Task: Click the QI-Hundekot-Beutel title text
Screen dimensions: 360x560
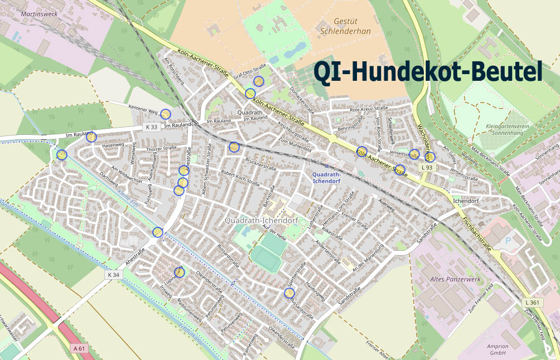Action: pos(428,72)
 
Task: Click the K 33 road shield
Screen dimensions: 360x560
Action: pos(152,127)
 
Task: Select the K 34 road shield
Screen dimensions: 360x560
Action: pos(113,275)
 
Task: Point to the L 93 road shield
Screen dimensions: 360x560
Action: pos(427,167)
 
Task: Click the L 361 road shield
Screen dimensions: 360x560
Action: pos(533,302)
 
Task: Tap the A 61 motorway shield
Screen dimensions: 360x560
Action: pos(80,348)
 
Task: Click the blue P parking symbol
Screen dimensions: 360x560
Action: pos(507,240)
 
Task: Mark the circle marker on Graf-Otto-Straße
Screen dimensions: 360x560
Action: pos(258,81)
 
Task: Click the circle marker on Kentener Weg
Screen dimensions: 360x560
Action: pos(165,114)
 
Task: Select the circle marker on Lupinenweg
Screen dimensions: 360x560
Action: pos(180,272)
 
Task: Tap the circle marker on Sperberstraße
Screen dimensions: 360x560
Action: pos(290,293)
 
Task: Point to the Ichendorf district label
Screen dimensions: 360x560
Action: pos(466,201)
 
